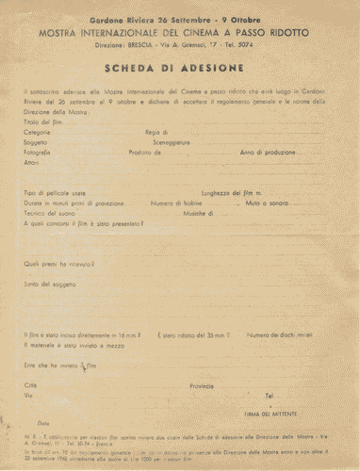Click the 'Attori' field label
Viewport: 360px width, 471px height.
click(x=32, y=161)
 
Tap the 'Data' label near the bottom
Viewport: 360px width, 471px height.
click(x=42, y=425)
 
